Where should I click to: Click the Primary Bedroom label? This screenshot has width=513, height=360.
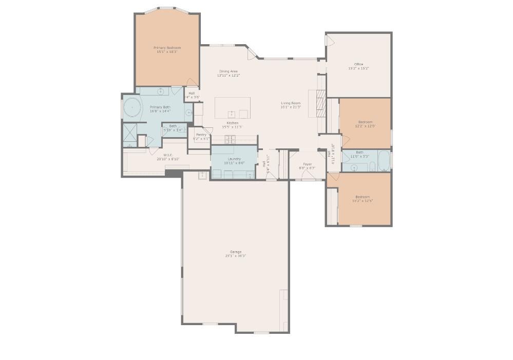coord(167,48)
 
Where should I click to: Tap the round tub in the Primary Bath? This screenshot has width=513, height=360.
coord(132,108)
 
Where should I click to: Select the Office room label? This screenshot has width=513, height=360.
coord(358,64)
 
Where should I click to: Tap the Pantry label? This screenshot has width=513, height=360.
coord(201,135)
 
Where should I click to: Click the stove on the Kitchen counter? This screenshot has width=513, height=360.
coord(230,139)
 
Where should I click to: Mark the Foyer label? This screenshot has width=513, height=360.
coord(307,164)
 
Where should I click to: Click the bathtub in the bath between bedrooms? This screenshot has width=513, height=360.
coord(383,161)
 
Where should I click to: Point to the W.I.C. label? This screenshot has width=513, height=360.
coord(167,155)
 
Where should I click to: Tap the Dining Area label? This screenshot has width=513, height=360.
coord(229,71)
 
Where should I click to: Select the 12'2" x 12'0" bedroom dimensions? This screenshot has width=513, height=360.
coord(365,126)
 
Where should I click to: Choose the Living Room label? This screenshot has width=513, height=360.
coord(291,103)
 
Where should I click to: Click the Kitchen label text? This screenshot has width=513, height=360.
coord(233,123)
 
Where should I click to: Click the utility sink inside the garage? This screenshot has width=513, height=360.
coord(202,175)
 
